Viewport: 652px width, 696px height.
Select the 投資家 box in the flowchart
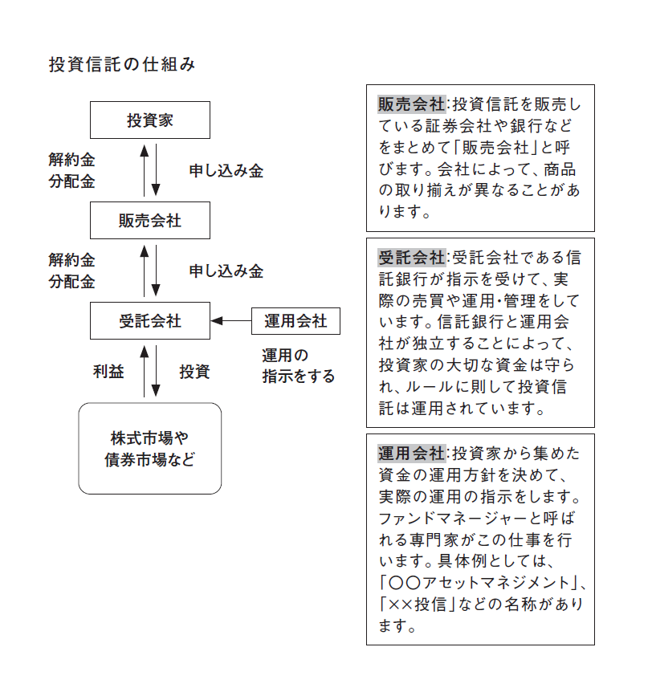[150, 120]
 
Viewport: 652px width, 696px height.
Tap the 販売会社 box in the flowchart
[150, 221]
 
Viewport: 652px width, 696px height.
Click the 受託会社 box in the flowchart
[150, 321]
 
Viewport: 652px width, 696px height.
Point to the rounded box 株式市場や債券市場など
[150, 449]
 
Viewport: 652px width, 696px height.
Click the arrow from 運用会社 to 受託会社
[232, 321]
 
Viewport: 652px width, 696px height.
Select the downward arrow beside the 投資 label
[157, 372]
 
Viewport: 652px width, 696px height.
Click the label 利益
[108, 372]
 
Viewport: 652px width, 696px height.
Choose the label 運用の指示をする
[298, 365]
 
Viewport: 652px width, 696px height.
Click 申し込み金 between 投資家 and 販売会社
[226, 171]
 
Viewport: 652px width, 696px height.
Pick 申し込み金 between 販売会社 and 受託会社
[226, 271]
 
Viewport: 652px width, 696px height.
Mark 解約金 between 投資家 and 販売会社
[71, 161]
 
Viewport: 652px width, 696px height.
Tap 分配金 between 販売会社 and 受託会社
[71, 282]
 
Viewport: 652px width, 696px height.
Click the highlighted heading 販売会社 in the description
[411, 105]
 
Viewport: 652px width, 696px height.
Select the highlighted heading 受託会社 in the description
[411, 258]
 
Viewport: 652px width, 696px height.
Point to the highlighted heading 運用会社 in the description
[411, 451]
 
